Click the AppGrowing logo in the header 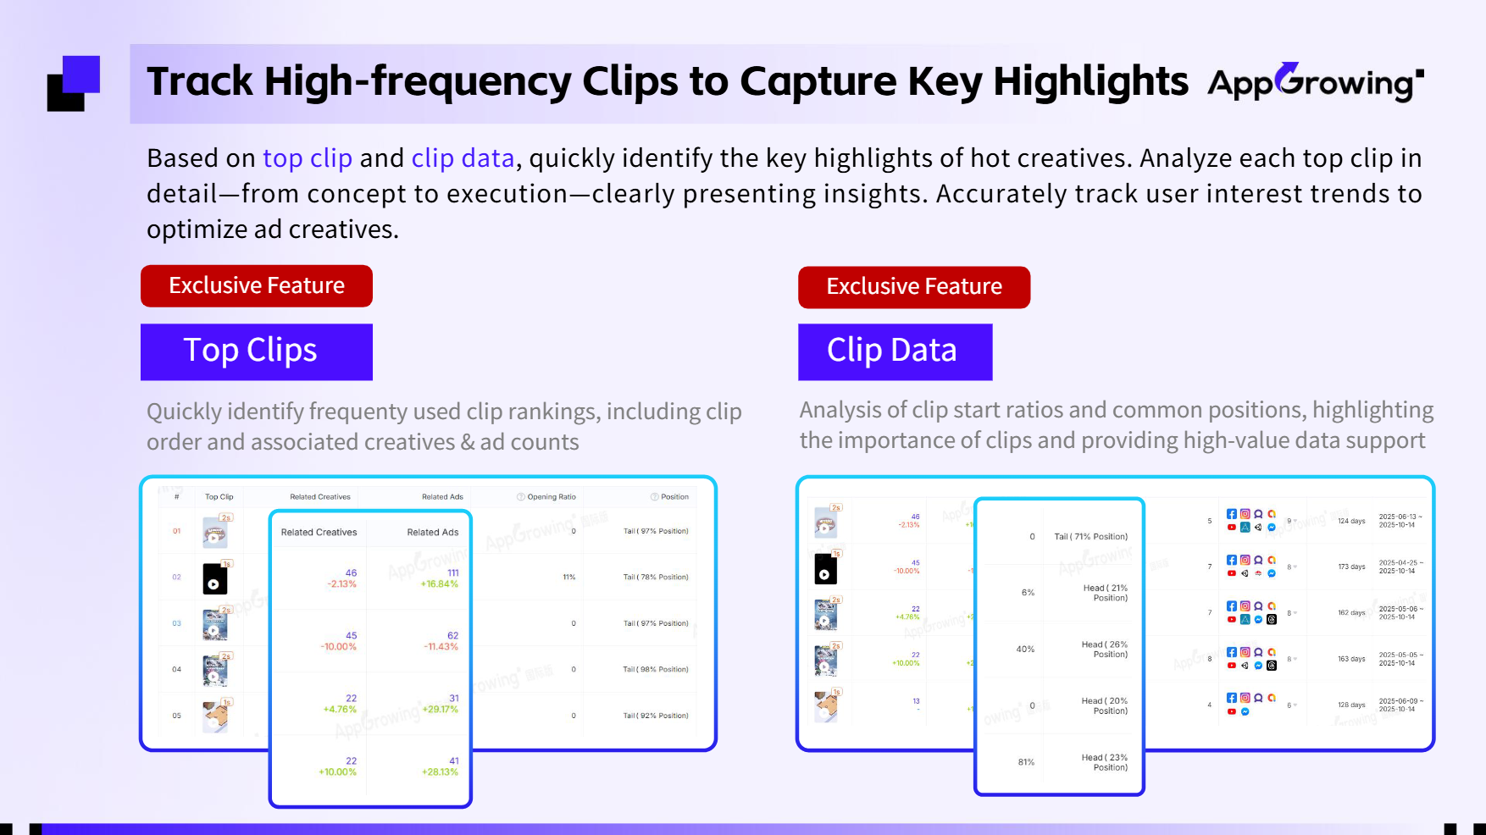point(1315,83)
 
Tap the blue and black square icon point(74,83)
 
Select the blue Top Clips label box point(256,351)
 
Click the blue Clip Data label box point(895,351)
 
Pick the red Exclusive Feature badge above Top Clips point(256,286)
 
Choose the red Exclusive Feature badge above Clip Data point(913,287)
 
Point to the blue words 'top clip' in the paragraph point(307,158)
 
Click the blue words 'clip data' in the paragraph point(463,158)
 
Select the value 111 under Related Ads point(453,572)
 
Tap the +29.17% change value point(440,710)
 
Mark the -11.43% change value point(441,647)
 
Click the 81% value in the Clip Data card point(1026,762)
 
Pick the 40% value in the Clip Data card point(1025,650)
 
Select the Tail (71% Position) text point(1090,537)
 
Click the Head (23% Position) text point(1105,762)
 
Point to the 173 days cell point(1351,567)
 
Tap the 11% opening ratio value point(568,578)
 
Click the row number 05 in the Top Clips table point(176,716)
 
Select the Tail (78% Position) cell point(656,578)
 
